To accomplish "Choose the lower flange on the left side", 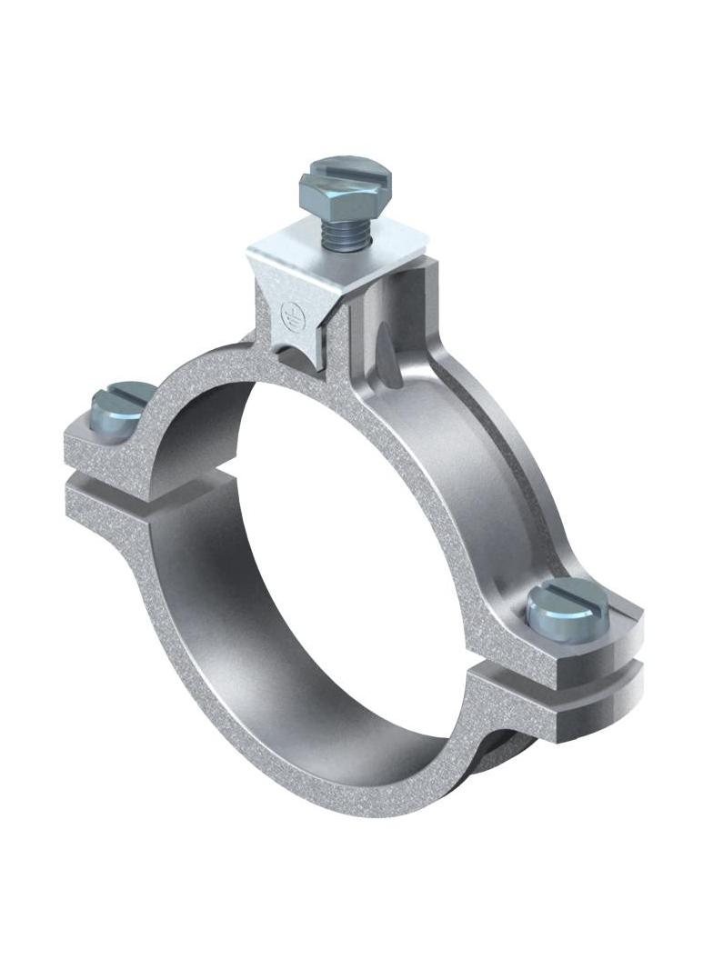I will coord(109,500).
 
